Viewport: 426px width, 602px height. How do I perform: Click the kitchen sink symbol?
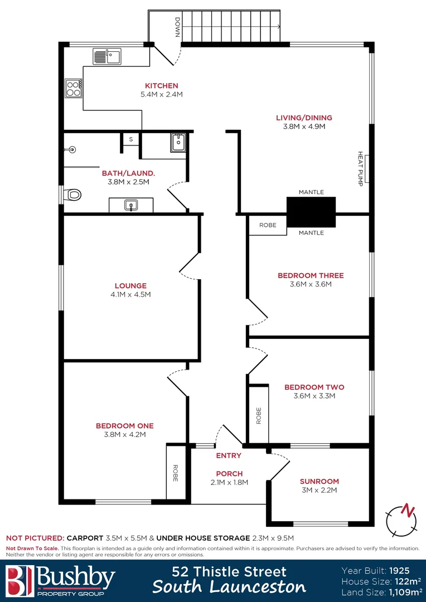(x=108, y=55)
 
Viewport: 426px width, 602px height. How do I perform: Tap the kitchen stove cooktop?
(x=73, y=88)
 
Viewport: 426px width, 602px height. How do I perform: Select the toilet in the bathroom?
(x=72, y=195)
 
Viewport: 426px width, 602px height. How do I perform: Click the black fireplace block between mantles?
(x=311, y=212)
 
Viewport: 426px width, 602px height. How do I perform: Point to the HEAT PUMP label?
(x=360, y=169)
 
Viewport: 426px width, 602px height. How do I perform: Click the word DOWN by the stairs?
(x=177, y=27)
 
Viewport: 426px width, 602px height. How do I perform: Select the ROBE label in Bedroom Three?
(x=268, y=226)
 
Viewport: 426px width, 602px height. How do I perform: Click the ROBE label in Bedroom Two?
(x=259, y=416)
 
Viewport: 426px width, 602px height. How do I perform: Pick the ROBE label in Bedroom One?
(x=175, y=473)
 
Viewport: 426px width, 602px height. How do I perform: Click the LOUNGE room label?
(x=130, y=285)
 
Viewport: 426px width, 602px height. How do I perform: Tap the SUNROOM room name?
(x=319, y=481)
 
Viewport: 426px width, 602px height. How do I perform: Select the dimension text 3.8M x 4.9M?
(x=304, y=127)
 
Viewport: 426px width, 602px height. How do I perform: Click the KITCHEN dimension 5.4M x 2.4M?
(x=162, y=95)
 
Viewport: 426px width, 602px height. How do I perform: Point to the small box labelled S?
(x=131, y=139)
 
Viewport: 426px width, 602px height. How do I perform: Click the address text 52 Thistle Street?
(x=229, y=571)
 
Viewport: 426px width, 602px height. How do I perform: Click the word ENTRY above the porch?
(x=229, y=455)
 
